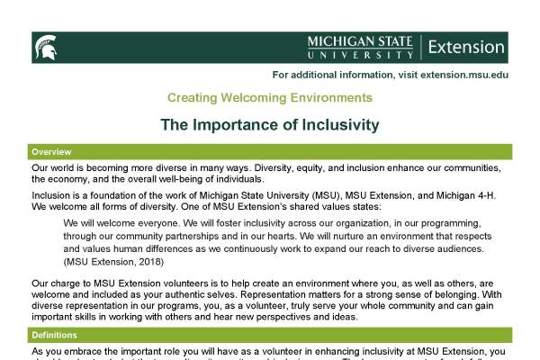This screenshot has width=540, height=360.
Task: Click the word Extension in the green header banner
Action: [466, 47]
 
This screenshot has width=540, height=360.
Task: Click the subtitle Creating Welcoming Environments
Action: [269, 97]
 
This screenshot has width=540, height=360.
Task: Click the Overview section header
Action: [51, 151]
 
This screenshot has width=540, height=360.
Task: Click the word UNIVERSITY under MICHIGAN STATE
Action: [359, 54]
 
